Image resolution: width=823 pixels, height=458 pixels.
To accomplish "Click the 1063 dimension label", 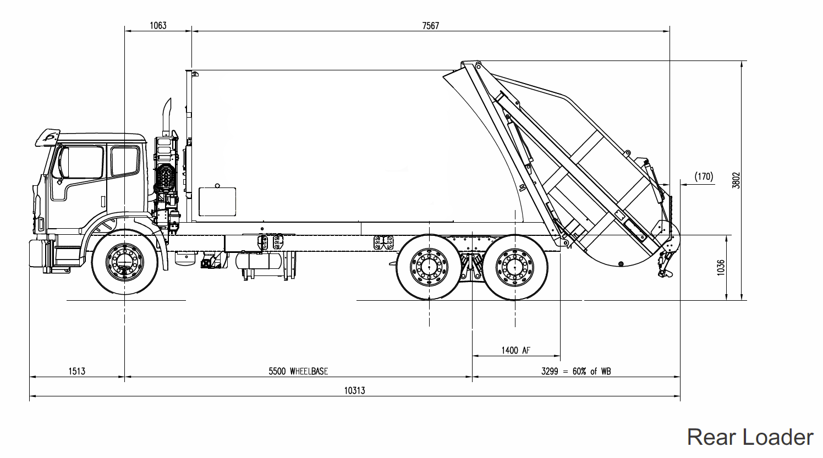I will click(x=158, y=25).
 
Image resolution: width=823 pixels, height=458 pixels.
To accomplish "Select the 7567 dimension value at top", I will click(x=430, y=25).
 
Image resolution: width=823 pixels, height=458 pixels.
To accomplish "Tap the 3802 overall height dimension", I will click(x=736, y=180).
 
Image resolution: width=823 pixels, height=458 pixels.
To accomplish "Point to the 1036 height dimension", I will click(x=721, y=268).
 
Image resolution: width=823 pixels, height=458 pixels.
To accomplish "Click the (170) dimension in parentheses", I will click(x=703, y=176).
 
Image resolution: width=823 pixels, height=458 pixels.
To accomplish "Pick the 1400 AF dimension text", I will click(x=515, y=350).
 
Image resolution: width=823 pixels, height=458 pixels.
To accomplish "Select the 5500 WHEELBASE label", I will click(x=298, y=371).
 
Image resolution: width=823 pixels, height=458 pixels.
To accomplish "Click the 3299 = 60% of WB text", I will click(x=575, y=371).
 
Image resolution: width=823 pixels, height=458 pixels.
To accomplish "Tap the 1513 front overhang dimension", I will click(x=77, y=371).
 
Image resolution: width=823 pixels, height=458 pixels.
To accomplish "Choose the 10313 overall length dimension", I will click(x=354, y=390).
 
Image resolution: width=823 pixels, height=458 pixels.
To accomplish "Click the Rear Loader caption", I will click(x=750, y=437).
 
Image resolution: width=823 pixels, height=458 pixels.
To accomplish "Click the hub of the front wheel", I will click(x=125, y=263).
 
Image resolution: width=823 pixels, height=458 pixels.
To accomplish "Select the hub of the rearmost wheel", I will click(x=515, y=267).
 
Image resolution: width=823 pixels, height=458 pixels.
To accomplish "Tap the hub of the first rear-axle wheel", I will click(x=429, y=267).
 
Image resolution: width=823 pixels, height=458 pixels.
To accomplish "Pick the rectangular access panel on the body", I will click(x=217, y=201).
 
